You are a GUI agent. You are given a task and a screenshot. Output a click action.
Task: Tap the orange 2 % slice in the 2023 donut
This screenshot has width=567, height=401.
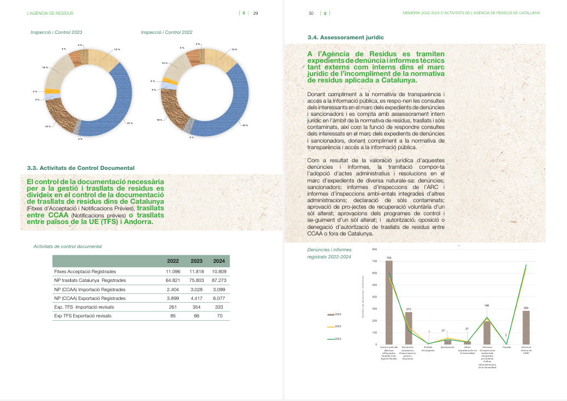click(x=50, y=91)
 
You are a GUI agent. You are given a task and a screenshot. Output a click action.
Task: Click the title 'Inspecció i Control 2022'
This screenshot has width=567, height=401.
click(x=166, y=32)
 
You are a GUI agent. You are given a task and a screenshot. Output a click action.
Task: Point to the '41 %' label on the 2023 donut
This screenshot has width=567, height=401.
click(x=129, y=123)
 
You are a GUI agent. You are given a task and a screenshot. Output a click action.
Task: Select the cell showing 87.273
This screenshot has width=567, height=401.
click(x=218, y=280)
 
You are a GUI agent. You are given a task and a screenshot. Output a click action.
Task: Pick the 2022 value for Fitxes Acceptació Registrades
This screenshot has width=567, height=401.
click(x=173, y=271)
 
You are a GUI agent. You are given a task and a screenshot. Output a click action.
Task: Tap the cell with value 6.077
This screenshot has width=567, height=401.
click(x=218, y=298)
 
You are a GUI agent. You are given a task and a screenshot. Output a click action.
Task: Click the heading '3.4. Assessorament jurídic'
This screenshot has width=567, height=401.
click(x=345, y=37)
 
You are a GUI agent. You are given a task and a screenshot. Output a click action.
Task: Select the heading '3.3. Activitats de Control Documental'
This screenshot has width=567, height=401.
click(x=80, y=168)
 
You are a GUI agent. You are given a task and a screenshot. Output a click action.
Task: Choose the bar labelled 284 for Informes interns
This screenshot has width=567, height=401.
click(x=526, y=327)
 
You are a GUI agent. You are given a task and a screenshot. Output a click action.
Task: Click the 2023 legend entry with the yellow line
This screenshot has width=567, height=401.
click(x=334, y=327)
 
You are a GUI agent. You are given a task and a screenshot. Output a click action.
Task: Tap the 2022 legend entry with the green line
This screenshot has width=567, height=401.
click(x=334, y=339)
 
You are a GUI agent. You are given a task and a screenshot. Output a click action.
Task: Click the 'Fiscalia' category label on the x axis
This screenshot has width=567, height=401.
click(x=506, y=347)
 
